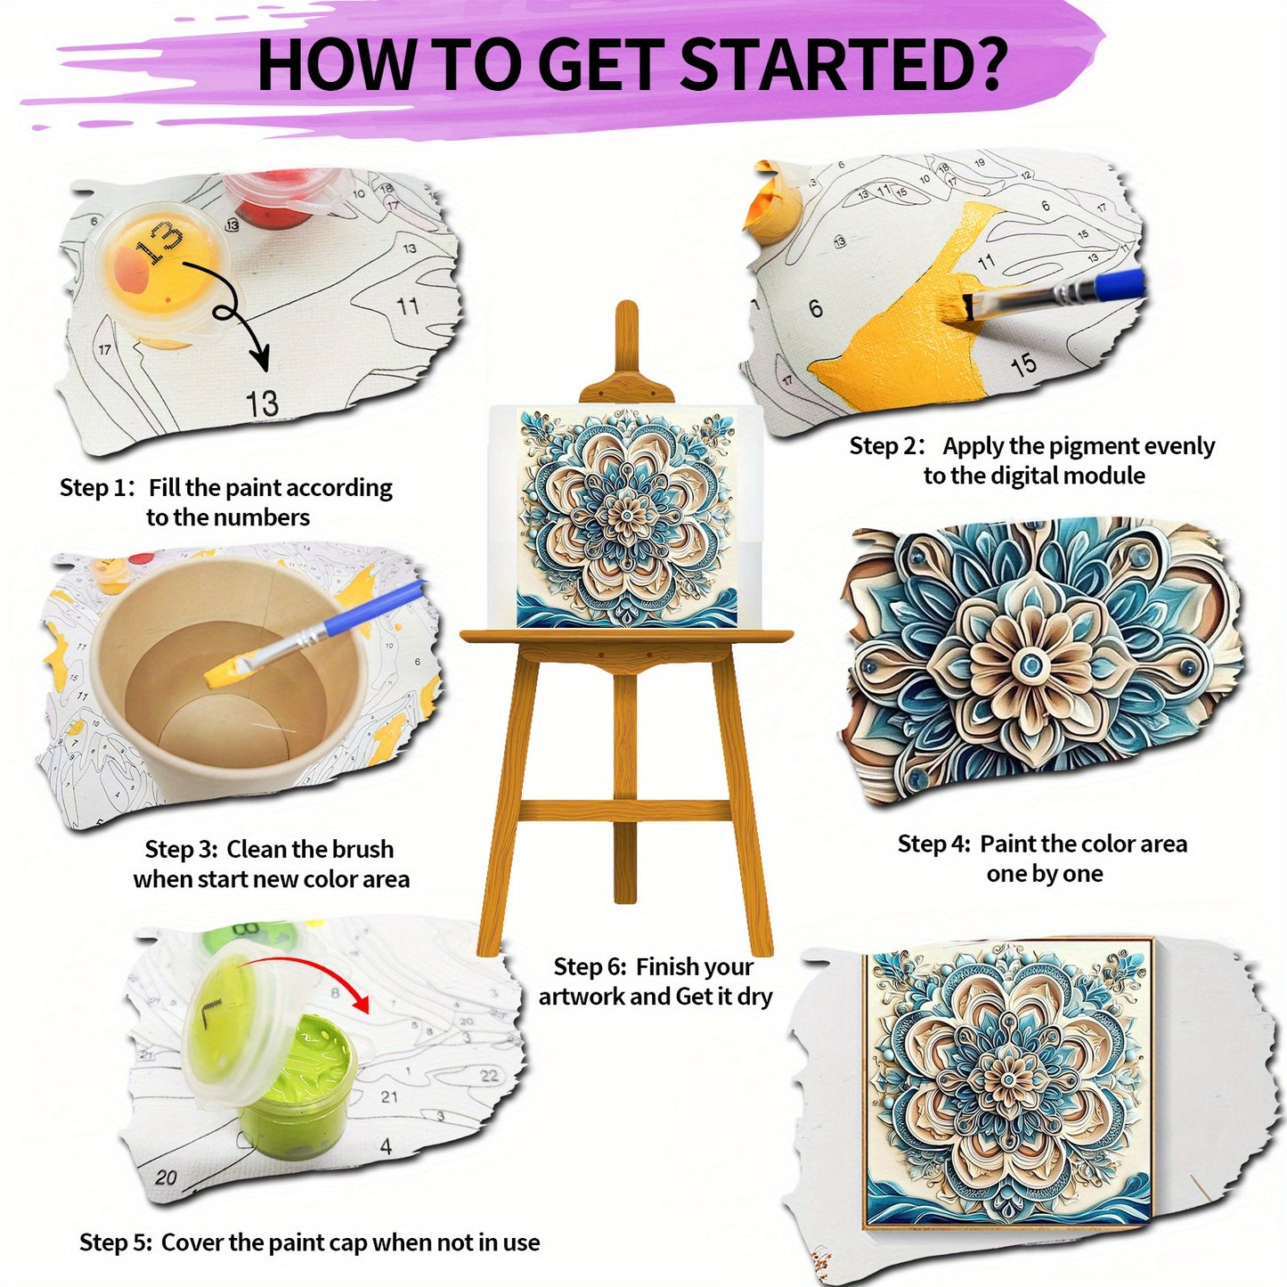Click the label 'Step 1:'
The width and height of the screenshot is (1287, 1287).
coord(97,487)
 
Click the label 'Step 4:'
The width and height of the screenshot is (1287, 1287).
coord(933,843)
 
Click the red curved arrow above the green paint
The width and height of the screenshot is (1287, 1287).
coord(307,968)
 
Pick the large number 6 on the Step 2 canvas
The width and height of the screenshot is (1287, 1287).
coord(816,308)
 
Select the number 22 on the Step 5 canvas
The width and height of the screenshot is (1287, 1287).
coord(489,1075)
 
